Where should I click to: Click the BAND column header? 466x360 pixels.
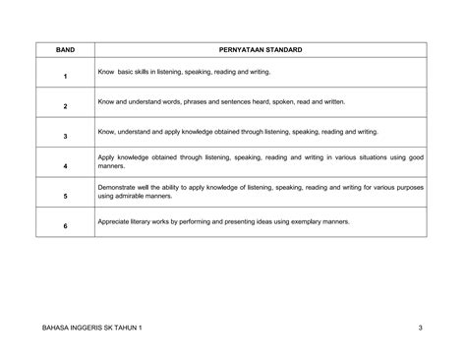click(64, 48)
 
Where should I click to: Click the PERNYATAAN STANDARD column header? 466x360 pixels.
click(261, 48)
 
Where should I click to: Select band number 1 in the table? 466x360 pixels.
click(64, 76)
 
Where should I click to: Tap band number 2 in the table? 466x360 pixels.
click(64, 105)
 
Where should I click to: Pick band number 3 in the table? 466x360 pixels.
click(64, 136)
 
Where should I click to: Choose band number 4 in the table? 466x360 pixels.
click(64, 166)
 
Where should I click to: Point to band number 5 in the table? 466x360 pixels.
click(64, 196)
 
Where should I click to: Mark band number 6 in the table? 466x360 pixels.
click(64, 226)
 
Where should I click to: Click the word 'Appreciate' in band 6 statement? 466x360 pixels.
click(114, 221)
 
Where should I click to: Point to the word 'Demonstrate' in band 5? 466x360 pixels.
click(117, 186)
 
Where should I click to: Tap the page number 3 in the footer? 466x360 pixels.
click(420, 327)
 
